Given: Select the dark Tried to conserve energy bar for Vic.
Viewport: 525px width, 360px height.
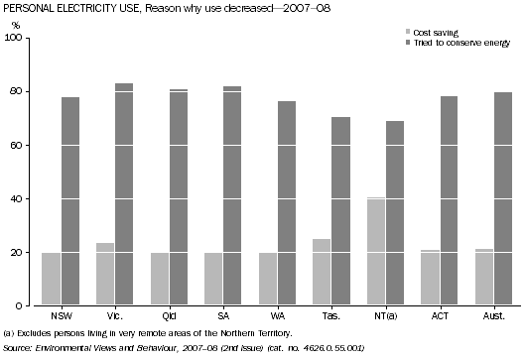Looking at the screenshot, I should [124, 194].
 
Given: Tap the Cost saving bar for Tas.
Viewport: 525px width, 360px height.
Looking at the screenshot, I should [321, 272].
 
